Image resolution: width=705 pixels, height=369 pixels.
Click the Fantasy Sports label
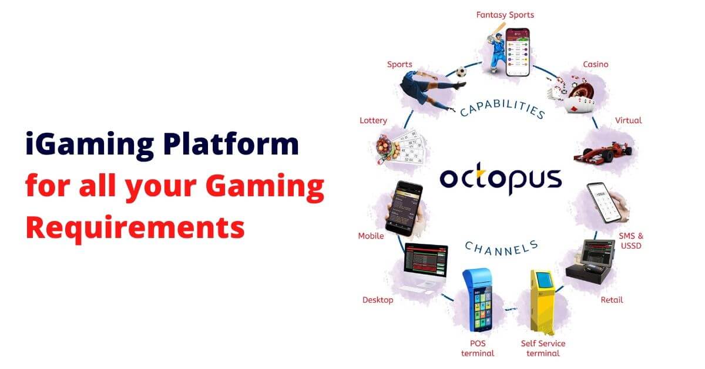click(x=505, y=15)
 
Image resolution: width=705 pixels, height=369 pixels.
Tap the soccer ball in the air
click(x=461, y=72)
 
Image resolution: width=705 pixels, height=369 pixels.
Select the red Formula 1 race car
click(x=603, y=152)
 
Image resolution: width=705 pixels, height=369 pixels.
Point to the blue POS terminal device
click(x=478, y=300)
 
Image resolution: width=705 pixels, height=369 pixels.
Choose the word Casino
click(x=596, y=64)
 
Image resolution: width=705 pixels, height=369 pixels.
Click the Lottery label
click(x=373, y=120)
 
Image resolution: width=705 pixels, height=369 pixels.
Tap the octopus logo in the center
click(x=501, y=179)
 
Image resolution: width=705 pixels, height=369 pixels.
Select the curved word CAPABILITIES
click(x=503, y=109)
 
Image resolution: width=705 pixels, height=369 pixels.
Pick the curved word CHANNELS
click(x=502, y=248)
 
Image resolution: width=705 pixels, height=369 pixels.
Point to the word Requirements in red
click(x=135, y=228)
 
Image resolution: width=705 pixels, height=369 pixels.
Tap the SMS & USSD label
click(x=631, y=240)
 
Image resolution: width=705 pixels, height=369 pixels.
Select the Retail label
click(x=612, y=300)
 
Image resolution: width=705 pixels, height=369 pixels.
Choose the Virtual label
click(x=628, y=120)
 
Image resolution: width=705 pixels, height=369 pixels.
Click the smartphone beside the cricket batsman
click(x=518, y=52)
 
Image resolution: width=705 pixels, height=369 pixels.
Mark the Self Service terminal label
click(x=543, y=348)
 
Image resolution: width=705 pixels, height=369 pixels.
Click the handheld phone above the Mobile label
click(x=404, y=209)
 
